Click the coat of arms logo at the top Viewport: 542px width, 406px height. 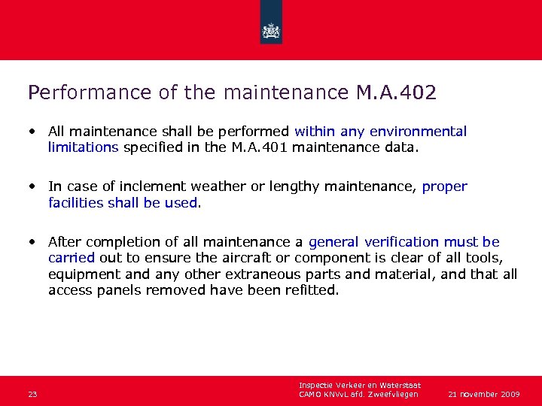click(271, 31)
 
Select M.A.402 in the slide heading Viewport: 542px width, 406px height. click(392, 92)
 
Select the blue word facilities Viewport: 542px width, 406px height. click(78, 202)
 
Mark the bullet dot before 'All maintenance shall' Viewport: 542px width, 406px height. click(33, 131)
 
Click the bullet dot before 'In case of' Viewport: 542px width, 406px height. click(33, 186)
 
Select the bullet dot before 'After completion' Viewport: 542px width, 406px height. click(33, 241)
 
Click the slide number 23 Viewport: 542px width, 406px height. click(32, 394)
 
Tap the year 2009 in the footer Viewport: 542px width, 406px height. click(509, 394)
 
